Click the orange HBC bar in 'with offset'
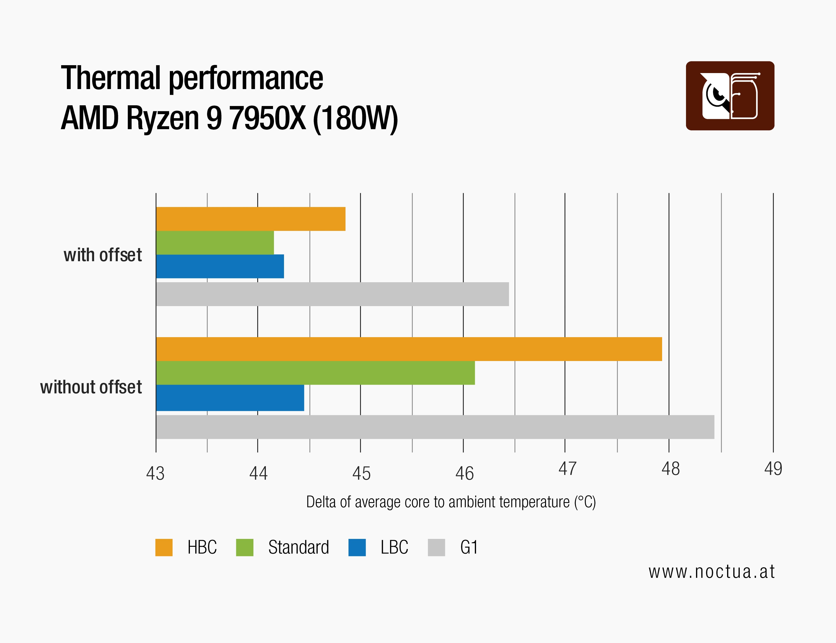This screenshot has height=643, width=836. tap(251, 219)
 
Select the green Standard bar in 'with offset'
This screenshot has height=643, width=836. tap(215, 243)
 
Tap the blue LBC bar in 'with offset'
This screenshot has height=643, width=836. tap(220, 266)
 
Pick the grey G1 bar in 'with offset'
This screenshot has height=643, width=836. tap(332, 294)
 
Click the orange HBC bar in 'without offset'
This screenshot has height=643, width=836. tap(409, 349)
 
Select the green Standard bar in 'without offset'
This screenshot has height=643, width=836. tap(316, 373)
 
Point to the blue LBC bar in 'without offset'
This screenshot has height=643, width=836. tap(230, 398)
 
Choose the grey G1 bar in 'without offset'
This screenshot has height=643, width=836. tap(435, 427)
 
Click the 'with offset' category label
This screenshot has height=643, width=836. tap(102, 255)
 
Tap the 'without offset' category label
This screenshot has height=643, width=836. tap(91, 387)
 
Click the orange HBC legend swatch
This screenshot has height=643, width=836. tap(164, 547)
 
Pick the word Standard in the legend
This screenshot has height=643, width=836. tap(299, 547)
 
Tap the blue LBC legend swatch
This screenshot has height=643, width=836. tap(357, 547)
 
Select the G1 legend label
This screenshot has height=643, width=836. tap(469, 547)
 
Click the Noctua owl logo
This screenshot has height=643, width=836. tap(730, 96)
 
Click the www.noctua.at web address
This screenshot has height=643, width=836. tap(711, 572)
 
